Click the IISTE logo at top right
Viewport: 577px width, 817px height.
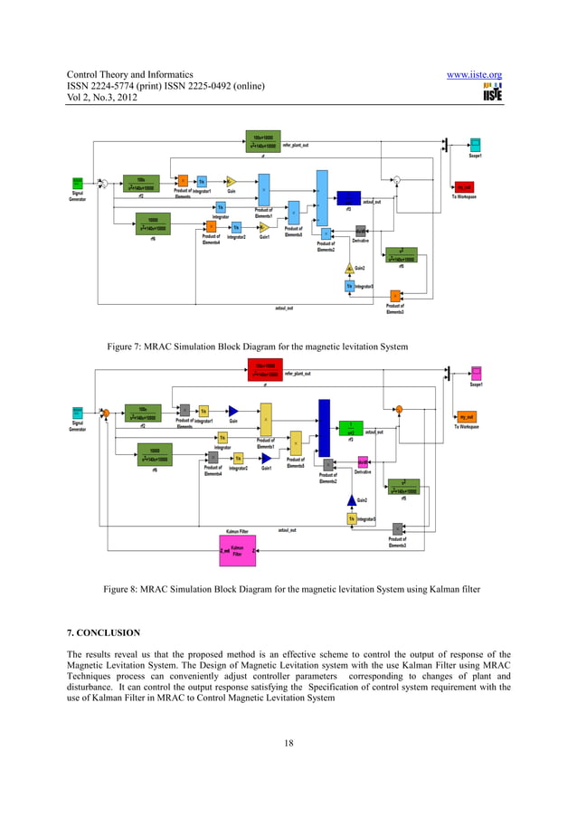point(492,93)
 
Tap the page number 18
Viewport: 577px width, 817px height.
point(288,743)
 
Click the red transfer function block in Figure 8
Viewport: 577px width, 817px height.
point(265,369)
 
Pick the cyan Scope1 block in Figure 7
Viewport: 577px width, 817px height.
point(476,145)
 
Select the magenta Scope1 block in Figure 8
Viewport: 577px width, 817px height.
point(476,373)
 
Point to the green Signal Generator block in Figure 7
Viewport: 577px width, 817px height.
point(79,182)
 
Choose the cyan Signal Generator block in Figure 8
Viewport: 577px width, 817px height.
point(78,413)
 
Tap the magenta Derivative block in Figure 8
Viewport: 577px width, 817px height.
point(362,461)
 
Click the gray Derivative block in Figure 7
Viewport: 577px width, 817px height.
point(361,231)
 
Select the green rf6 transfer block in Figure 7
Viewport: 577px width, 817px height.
point(154,223)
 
